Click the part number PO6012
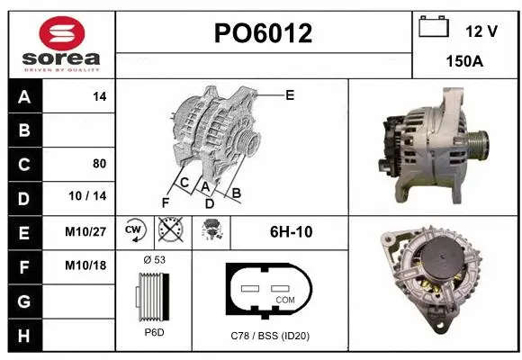click(263, 34)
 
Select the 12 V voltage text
click(481, 31)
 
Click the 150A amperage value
click(464, 62)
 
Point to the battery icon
click(434, 27)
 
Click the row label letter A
click(24, 97)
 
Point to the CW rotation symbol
click(134, 230)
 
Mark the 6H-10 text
click(291, 231)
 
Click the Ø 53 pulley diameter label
click(154, 259)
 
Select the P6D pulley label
click(154, 332)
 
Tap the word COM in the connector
click(285, 299)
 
